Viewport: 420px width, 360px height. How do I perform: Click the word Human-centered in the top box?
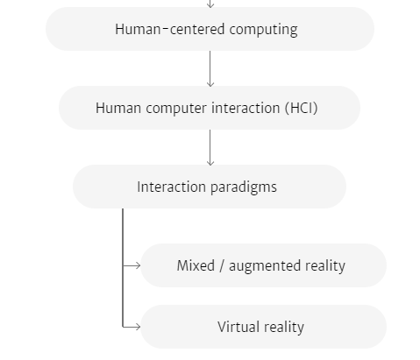click(x=170, y=29)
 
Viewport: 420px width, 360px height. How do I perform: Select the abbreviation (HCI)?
click(x=302, y=108)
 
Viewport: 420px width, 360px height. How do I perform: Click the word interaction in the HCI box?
click(x=246, y=108)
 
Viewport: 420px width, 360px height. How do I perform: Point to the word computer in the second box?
click(x=176, y=109)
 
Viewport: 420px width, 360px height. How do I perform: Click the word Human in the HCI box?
click(x=118, y=108)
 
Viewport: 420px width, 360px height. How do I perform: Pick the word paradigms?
click(x=244, y=187)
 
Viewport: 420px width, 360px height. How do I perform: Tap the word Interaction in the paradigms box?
click(x=171, y=187)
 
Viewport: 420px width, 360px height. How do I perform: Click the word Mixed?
click(x=196, y=265)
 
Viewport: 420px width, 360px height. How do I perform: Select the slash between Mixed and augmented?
click(x=222, y=266)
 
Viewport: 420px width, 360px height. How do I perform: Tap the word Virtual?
click(x=238, y=327)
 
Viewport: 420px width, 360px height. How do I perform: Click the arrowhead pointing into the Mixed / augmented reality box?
click(x=138, y=265)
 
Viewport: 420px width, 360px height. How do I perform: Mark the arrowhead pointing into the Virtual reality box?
click(x=138, y=327)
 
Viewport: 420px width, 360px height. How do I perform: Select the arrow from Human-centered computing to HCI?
click(x=210, y=69)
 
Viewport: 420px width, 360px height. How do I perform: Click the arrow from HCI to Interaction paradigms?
click(x=210, y=148)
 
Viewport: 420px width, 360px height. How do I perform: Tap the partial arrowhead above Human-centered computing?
click(x=210, y=4)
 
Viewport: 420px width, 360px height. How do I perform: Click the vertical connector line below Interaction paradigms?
click(x=123, y=268)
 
